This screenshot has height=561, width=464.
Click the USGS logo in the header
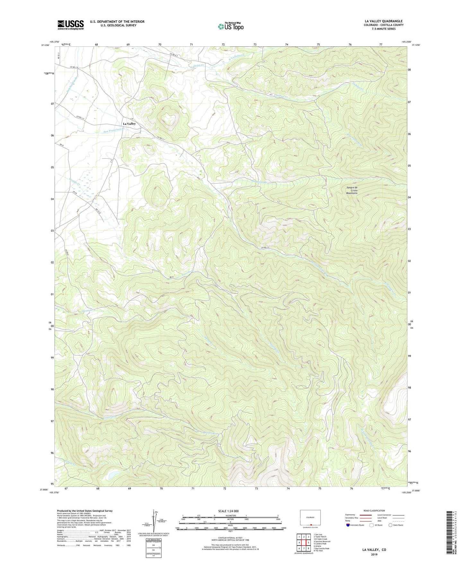point(70,25)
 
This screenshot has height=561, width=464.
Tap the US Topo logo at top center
point(231,26)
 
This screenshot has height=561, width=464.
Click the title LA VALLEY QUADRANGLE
point(383,21)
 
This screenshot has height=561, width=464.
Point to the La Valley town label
point(129,124)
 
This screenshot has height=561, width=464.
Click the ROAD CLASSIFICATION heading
point(374,511)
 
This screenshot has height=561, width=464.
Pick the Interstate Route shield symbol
point(348,525)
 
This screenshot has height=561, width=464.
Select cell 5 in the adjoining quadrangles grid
point(308,543)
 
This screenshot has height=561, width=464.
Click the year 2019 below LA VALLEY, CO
point(374,554)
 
